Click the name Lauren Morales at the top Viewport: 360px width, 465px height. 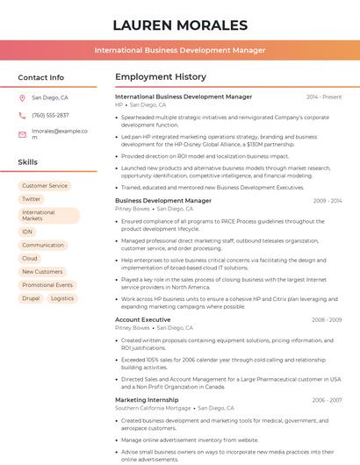tap(180, 25)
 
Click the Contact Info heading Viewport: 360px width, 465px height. tap(40, 77)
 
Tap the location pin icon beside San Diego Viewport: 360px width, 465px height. tap(22, 98)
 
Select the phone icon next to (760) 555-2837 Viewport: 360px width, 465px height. tap(22, 116)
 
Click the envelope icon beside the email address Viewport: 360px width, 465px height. tap(22, 134)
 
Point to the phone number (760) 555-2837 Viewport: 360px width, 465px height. tap(50, 116)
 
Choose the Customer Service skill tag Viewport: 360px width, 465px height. tap(45, 186)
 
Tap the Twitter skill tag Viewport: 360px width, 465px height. tap(32, 199)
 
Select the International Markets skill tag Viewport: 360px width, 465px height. tap(39, 216)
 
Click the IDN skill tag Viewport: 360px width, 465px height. tap(27, 232)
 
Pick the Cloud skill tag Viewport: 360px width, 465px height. tap(30, 259)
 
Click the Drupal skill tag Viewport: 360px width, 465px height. tap(31, 298)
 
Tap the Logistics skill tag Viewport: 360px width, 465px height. tap(62, 298)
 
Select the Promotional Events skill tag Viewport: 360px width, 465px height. tap(47, 285)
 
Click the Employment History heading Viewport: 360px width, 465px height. tap(161, 77)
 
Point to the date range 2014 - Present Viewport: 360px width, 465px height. tap(324, 97)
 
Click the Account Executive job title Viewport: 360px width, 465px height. tap(143, 320)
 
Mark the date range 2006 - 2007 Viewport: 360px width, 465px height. tap(326, 400)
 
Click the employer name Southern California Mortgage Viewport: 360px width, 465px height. tap(153, 408)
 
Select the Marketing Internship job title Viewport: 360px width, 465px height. tap(147, 400)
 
